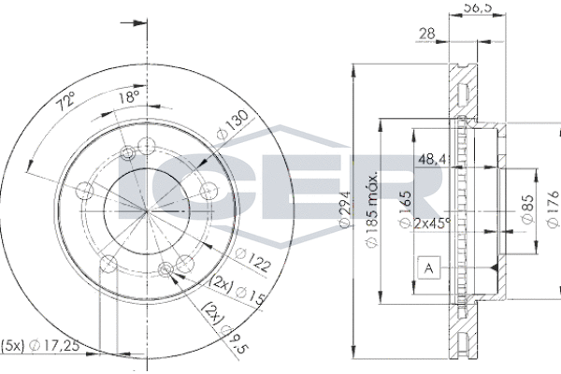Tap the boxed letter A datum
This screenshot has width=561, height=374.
428,269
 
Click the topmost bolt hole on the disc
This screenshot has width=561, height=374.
146,145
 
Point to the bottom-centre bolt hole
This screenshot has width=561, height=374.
167,271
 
